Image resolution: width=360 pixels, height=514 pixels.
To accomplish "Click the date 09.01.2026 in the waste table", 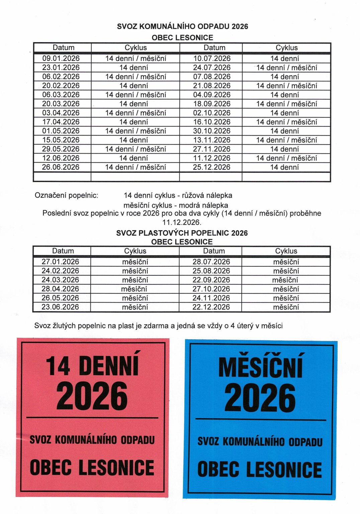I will (61, 59).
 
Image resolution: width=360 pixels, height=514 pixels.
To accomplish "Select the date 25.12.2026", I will (211, 167).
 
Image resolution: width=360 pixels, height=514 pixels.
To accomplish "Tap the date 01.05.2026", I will (61, 131).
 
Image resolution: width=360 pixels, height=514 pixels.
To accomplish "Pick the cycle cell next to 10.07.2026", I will (285, 59).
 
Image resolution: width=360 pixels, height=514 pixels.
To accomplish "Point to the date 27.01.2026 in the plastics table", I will (60, 262).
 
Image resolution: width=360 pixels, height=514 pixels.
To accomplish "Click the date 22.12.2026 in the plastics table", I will (211, 307).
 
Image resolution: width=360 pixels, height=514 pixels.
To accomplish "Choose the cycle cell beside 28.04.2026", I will (134, 289).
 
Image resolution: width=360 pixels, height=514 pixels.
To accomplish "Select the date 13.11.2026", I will (212, 140).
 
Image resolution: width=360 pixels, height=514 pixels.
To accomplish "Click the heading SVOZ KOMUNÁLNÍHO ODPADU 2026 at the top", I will (182, 27).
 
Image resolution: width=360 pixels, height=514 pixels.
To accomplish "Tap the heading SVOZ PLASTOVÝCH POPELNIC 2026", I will (182, 233).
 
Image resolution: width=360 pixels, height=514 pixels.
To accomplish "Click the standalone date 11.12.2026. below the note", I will (182, 222).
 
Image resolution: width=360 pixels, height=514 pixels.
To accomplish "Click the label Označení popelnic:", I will (66, 195).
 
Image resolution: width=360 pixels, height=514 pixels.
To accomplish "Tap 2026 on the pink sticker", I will (92, 397).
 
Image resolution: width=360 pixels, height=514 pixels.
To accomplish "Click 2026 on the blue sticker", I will (260, 398).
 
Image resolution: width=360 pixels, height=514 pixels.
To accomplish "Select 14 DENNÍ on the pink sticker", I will (92, 365).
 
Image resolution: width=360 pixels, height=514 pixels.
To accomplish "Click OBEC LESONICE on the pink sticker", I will (92, 467).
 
